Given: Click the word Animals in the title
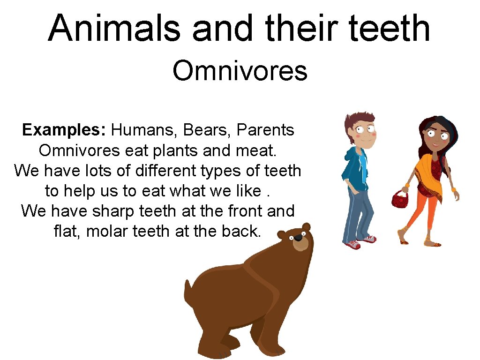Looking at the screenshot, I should [114, 28].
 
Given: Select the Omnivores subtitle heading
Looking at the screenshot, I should [240, 71].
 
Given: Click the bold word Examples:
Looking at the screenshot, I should [65, 130].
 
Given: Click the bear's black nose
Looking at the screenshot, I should [298, 238].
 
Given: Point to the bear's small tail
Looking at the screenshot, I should [188, 287].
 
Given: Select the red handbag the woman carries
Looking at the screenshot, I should [400, 199].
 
